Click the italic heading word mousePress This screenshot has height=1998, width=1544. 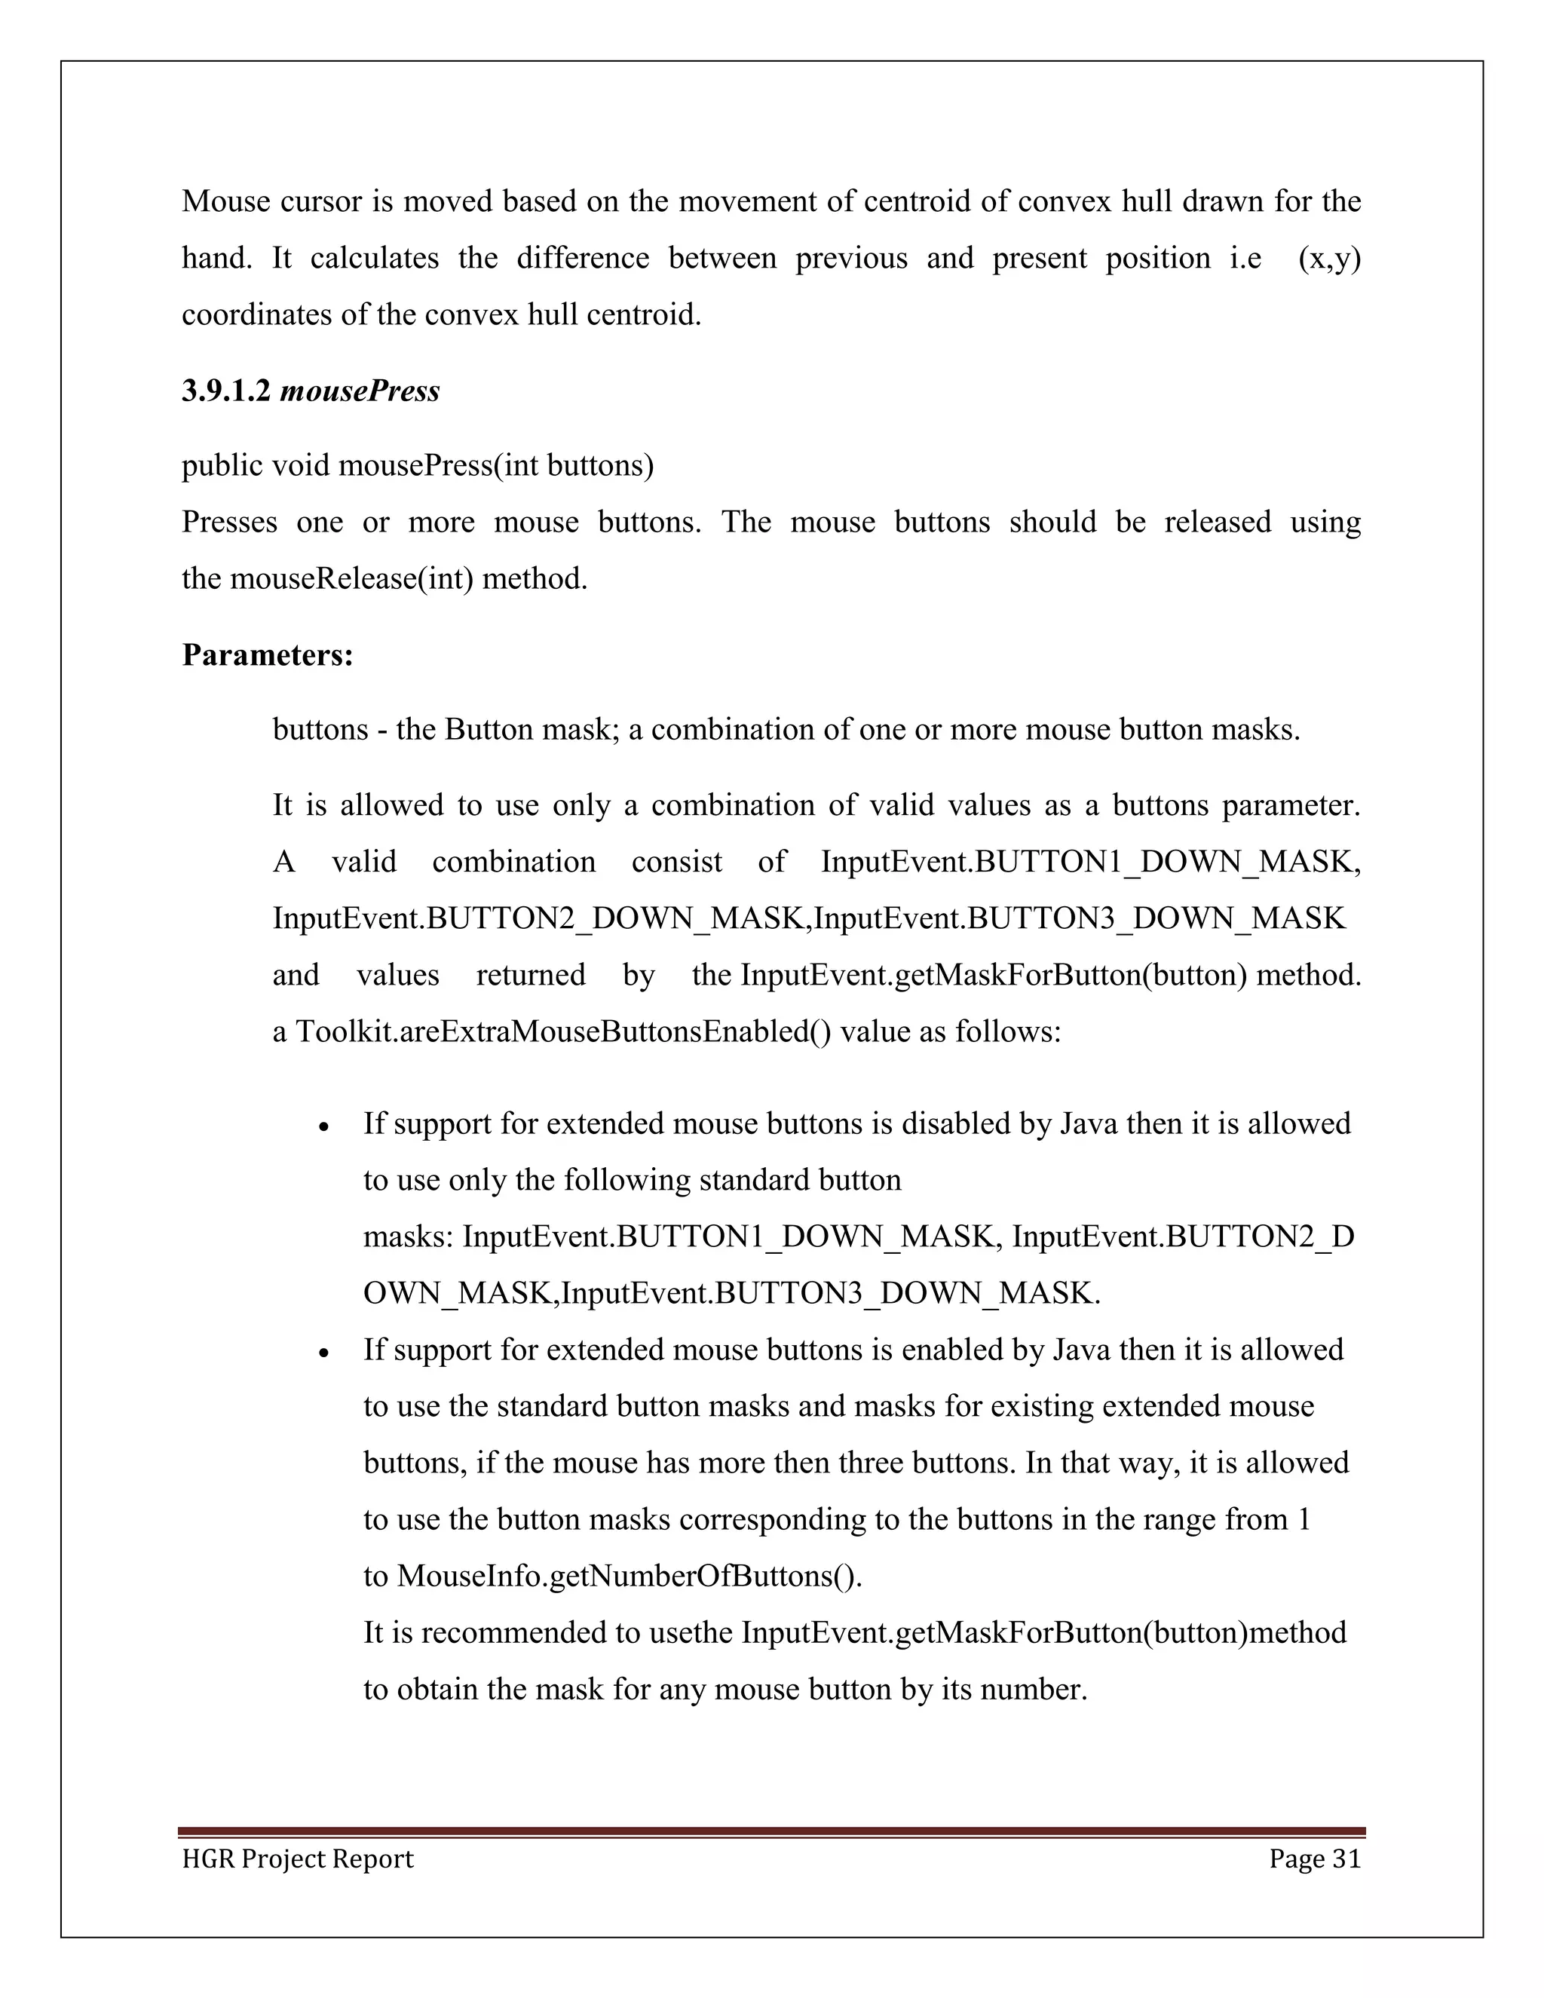click(360, 391)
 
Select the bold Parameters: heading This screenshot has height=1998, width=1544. click(267, 655)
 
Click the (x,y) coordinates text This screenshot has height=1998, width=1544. click(1329, 259)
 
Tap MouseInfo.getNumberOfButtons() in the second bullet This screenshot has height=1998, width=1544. click(630, 1577)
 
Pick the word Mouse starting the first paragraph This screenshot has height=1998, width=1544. click(225, 201)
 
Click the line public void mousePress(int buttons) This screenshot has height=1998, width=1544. click(417, 466)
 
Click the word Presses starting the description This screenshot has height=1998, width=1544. click(228, 522)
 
